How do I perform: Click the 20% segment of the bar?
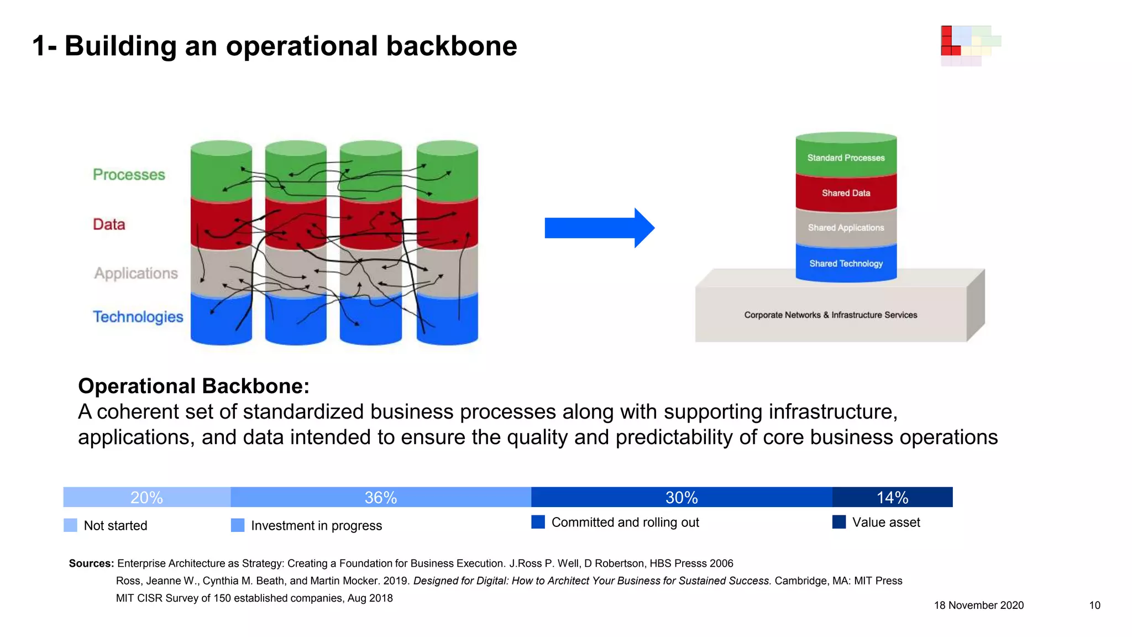pyautogui.click(x=146, y=497)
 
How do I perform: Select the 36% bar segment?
pyautogui.click(x=380, y=497)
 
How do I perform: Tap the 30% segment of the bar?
pyautogui.click(x=681, y=497)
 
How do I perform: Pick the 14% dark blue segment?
pyautogui.click(x=892, y=497)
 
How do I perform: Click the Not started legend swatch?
pyautogui.click(x=70, y=525)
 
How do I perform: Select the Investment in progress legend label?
pyautogui.click(x=316, y=525)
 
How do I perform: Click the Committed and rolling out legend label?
pyautogui.click(x=625, y=522)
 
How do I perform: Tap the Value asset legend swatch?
pyautogui.click(x=838, y=522)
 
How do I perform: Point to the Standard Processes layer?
pyautogui.click(x=846, y=158)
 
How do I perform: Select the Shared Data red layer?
pyautogui.click(x=846, y=193)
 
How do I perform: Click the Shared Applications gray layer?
pyautogui.click(x=846, y=228)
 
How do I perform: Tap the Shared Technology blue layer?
pyautogui.click(x=846, y=264)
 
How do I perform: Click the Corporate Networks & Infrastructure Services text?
pyautogui.click(x=830, y=315)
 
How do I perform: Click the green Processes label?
pyautogui.click(x=129, y=175)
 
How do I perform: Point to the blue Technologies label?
pyautogui.click(x=138, y=317)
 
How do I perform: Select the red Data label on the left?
pyautogui.click(x=109, y=224)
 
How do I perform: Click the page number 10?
pyautogui.click(x=1094, y=605)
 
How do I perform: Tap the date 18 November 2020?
pyautogui.click(x=978, y=605)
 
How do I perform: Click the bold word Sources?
pyautogui.click(x=91, y=563)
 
